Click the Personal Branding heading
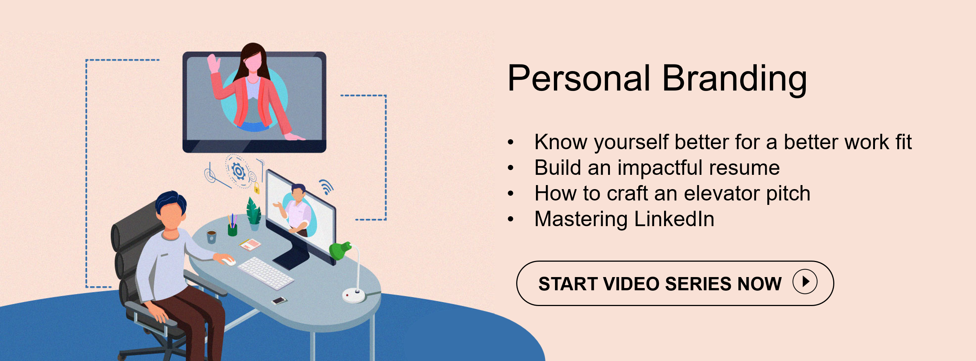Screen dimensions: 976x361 coord(658,78)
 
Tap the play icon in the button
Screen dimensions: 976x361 coord(805,281)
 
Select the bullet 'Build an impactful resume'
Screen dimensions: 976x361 coord(657,167)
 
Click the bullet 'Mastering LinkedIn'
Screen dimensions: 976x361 coord(624,219)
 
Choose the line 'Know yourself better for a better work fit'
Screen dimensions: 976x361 coord(723,142)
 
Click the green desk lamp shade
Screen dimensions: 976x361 coord(339,250)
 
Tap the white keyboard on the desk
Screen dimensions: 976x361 coord(265,273)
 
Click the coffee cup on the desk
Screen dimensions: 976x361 coord(211,236)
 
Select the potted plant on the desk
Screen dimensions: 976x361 coord(253,214)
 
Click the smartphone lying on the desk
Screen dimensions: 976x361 coord(279,301)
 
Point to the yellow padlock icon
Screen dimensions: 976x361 coord(257,188)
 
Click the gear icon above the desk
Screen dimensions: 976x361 coord(239,171)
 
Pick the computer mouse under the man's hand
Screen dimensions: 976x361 coord(228,261)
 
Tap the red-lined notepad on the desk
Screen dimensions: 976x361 coord(250,244)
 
